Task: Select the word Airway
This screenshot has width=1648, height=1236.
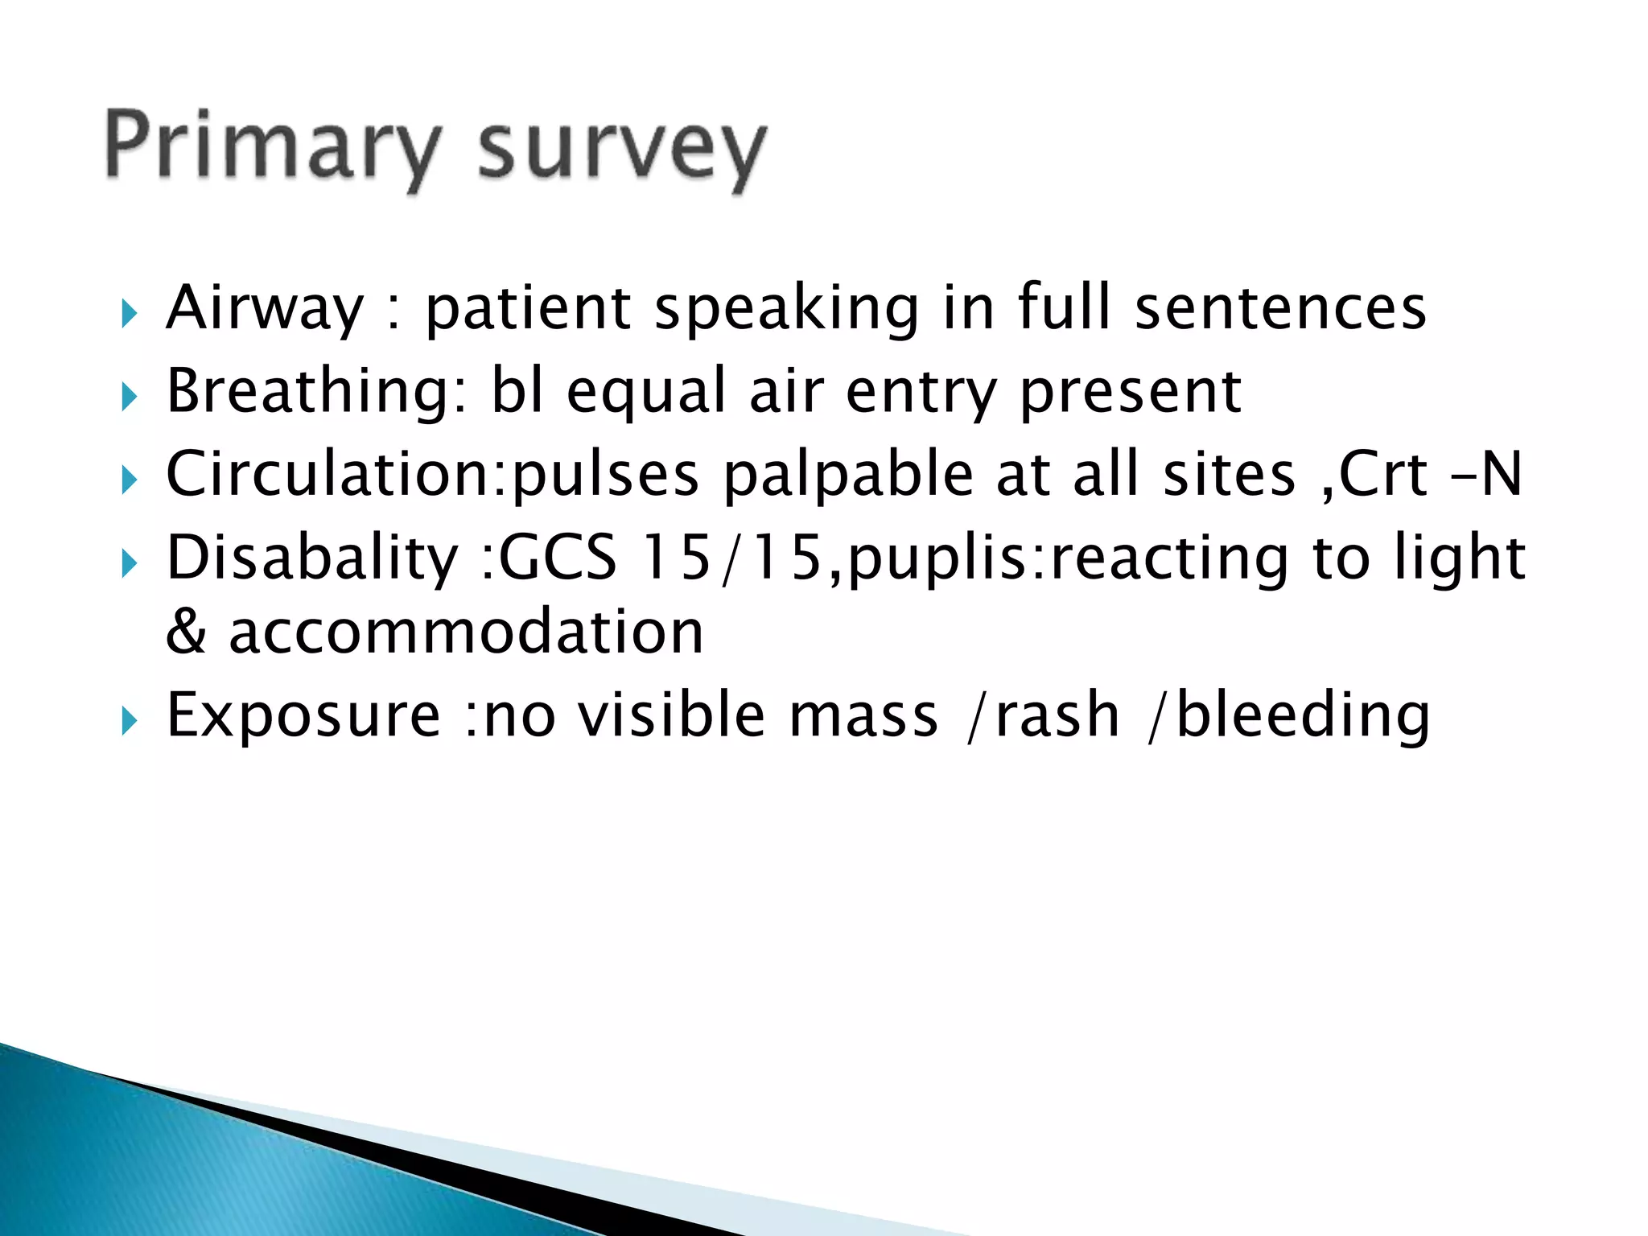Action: tap(265, 309)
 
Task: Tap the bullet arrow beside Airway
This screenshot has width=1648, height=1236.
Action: tap(129, 313)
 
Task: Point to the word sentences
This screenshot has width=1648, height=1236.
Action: tap(1280, 309)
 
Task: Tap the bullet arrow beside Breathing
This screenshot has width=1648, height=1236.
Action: tap(129, 397)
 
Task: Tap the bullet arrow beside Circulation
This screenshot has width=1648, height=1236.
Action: tap(129, 480)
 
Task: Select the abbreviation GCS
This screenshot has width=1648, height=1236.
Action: tap(558, 558)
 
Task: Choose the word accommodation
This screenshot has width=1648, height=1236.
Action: tap(466, 632)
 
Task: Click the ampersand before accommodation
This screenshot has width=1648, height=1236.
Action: tap(186, 632)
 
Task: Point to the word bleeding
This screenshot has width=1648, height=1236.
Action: tap(1303, 716)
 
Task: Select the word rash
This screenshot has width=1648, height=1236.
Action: tap(1058, 716)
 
